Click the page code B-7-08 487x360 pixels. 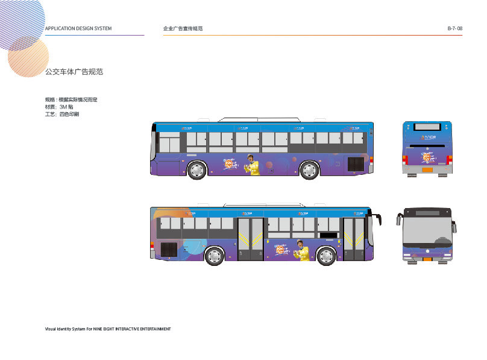pyautogui.click(x=454, y=29)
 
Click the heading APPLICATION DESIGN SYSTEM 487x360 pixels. pyautogui.click(x=78, y=29)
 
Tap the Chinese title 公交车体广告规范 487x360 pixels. pyautogui.click(x=74, y=72)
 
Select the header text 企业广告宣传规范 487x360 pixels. pyautogui.click(x=183, y=29)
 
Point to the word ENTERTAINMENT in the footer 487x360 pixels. pyautogui.click(x=150, y=329)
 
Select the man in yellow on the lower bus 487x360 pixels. pyautogui.click(x=301, y=251)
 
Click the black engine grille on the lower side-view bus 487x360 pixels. pyautogui.click(x=169, y=249)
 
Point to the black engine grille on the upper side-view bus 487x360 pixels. pyautogui.click(x=356, y=163)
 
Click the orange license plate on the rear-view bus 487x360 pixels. pyautogui.click(x=427, y=169)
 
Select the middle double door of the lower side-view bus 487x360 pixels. pyautogui.click(x=251, y=239)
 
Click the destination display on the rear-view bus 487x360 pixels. pyautogui.click(x=427, y=128)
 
